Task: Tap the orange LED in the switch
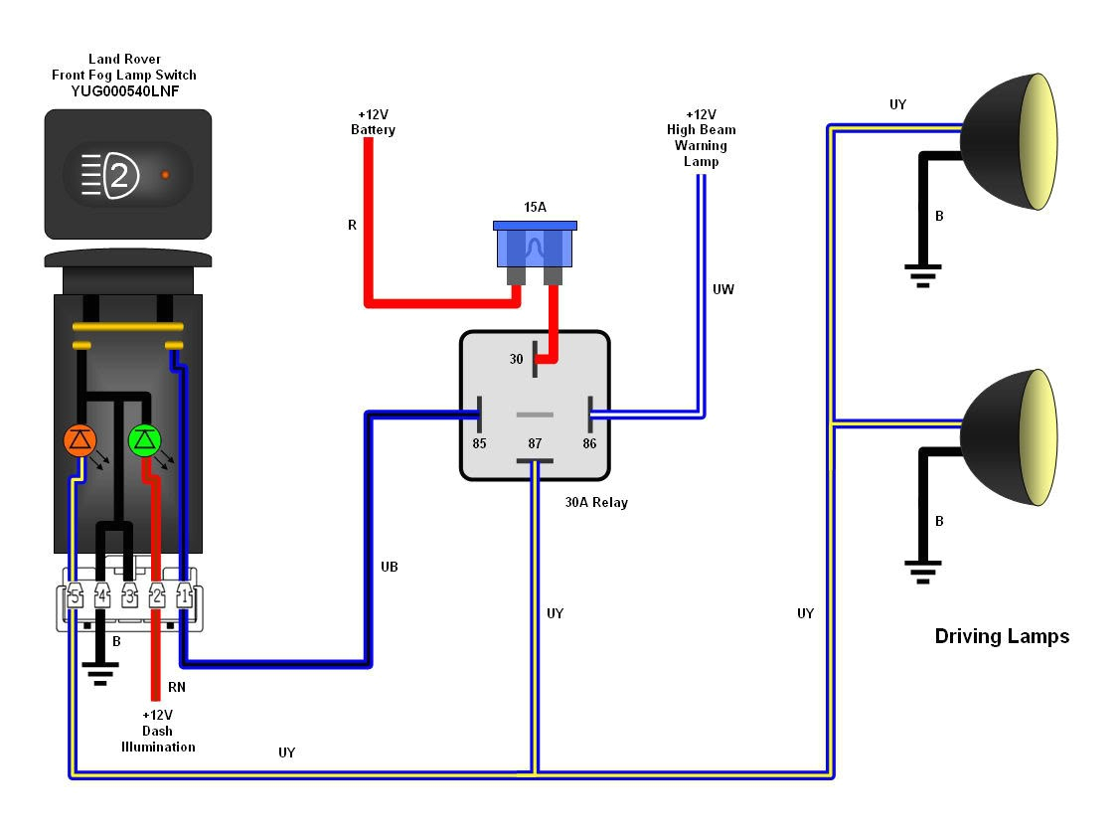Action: point(79,440)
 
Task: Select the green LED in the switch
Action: point(145,439)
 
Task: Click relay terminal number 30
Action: point(517,359)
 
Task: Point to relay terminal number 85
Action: point(479,443)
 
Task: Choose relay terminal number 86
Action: point(589,443)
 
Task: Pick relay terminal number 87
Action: point(535,443)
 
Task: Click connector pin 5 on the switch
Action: point(75,597)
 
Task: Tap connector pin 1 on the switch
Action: point(184,597)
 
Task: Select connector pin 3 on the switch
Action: point(129,597)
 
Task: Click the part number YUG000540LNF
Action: point(124,90)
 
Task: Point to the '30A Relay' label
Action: point(596,502)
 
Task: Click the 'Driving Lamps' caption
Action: point(1002,636)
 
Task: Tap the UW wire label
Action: point(722,289)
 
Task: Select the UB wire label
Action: point(390,566)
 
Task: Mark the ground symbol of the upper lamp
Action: point(923,274)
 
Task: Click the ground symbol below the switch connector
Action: point(99,677)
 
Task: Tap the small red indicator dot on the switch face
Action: point(165,175)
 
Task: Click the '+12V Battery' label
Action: point(373,122)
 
